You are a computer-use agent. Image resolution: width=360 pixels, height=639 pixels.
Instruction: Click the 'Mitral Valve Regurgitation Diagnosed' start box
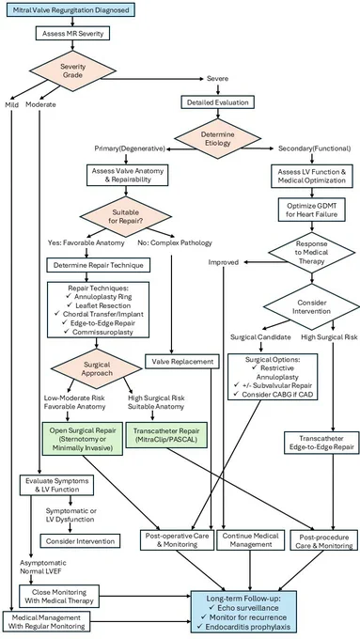coord(70,9)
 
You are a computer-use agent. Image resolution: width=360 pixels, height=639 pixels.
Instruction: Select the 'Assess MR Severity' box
coord(73,34)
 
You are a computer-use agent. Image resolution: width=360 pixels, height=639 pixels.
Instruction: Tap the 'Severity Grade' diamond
coord(72,71)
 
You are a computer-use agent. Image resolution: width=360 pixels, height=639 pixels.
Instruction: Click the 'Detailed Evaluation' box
coord(218,102)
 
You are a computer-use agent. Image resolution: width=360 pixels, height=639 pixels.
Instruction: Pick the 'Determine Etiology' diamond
coord(218,139)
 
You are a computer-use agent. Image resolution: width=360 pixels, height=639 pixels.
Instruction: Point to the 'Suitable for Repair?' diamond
coord(126,216)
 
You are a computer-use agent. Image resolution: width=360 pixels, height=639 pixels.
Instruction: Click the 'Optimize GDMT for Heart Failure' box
coord(312,210)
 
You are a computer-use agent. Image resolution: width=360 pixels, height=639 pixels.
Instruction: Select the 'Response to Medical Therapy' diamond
coord(312,253)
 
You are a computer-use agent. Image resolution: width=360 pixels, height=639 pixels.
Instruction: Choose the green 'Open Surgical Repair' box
coord(83,438)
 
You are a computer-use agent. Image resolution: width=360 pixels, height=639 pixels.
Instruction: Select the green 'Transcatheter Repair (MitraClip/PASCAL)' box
coord(166,435)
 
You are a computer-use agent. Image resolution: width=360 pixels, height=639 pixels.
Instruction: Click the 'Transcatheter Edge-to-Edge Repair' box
coord(321,443)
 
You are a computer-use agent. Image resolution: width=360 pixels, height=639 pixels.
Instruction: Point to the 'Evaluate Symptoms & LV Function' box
coord(56,485)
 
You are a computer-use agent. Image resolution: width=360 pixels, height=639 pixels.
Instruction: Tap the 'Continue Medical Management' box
coord(249,540)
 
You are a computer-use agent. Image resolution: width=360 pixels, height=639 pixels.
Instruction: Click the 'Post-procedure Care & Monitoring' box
coord(324,540)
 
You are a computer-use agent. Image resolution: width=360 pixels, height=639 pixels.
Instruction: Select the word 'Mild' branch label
coord(12,104)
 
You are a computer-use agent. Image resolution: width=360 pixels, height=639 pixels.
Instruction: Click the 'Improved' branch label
coord(224,262)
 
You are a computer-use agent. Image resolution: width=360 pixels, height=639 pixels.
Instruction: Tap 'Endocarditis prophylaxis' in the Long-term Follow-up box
coord(244,627)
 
